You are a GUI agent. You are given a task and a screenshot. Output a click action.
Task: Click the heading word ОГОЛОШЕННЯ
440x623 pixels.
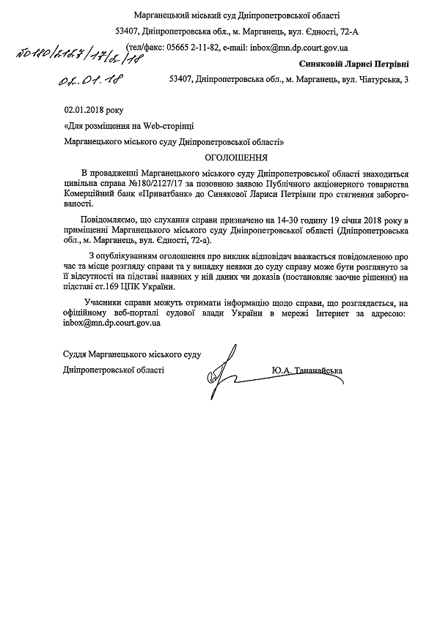tap(235, 157)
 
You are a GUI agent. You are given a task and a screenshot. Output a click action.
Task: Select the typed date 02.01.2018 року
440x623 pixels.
tap(95, 110)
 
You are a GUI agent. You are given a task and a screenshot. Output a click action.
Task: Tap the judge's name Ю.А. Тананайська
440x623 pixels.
tap(306, 370)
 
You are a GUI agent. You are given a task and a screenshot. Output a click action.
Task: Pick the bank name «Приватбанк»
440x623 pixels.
tap(165, 196)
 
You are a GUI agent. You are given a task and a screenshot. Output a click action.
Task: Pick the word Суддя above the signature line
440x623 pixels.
tap(77, 356)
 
